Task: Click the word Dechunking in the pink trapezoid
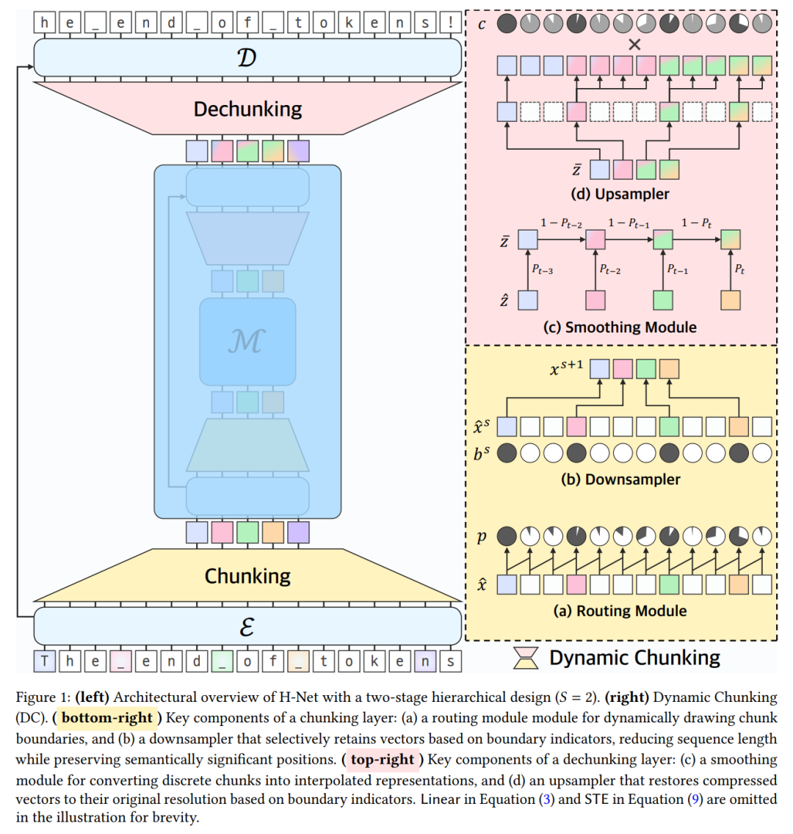[247, 109]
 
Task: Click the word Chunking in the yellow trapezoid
[247, 576]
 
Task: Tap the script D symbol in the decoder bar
[247, 57]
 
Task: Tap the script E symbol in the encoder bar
[247, 627]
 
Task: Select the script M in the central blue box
[247, 341]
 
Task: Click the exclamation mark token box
[449, 23]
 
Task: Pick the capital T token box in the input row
[45, 661]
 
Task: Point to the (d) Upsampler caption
[620, 195]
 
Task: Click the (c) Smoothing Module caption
[620, 327]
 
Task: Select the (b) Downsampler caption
[620, 479]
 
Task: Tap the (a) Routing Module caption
[620, 611]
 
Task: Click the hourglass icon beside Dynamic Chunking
[525, 658]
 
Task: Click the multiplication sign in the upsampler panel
[634, 45]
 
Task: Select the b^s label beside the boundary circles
[482, 454]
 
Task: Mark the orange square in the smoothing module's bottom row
[730, 300]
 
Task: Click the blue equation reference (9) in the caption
[694, 799]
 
